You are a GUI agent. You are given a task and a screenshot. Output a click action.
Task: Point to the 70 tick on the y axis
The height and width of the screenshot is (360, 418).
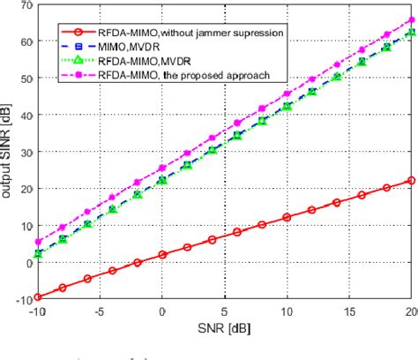25,5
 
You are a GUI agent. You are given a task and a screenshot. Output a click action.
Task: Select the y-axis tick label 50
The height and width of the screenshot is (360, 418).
25,79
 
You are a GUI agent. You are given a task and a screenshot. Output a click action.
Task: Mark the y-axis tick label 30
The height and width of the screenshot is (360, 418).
25,152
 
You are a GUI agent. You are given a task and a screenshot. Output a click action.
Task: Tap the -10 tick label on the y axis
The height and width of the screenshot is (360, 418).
22,299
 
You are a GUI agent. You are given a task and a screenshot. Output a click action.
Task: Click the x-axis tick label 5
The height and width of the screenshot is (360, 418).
225,312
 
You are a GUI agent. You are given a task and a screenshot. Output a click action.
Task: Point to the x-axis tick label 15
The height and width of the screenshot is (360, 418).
350,312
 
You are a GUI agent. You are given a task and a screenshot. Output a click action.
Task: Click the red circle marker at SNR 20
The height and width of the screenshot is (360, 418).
411,181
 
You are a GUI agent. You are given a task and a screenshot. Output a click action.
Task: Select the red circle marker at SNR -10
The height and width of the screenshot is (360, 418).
36,297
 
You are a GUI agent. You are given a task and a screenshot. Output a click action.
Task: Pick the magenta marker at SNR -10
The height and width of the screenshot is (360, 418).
36,242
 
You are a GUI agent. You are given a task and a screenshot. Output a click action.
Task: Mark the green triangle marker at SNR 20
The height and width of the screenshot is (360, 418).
411,33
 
